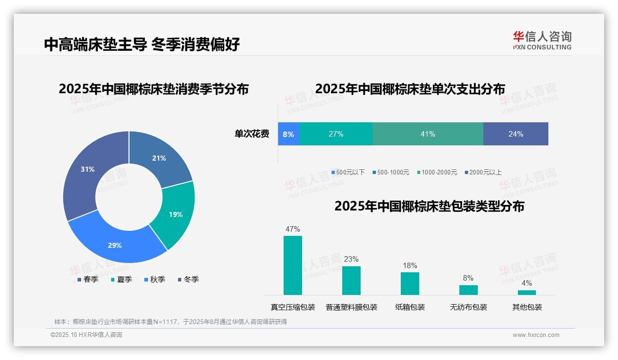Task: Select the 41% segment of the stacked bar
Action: tap(428, 134)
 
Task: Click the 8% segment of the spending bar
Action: tap(288, 134)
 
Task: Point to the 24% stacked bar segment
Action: tap(516, 134)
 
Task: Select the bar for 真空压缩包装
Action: tap(292, 265)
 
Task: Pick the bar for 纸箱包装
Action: tap(410, 283)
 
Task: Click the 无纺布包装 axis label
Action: tap(468, 307)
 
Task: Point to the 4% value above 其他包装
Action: tap(527, 283)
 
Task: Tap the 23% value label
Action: tap(351, 259)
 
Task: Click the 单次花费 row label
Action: tap(252, 134)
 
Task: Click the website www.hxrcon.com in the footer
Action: tap(536, 335)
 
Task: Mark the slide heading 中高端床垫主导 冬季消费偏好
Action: tap(142, 44)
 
